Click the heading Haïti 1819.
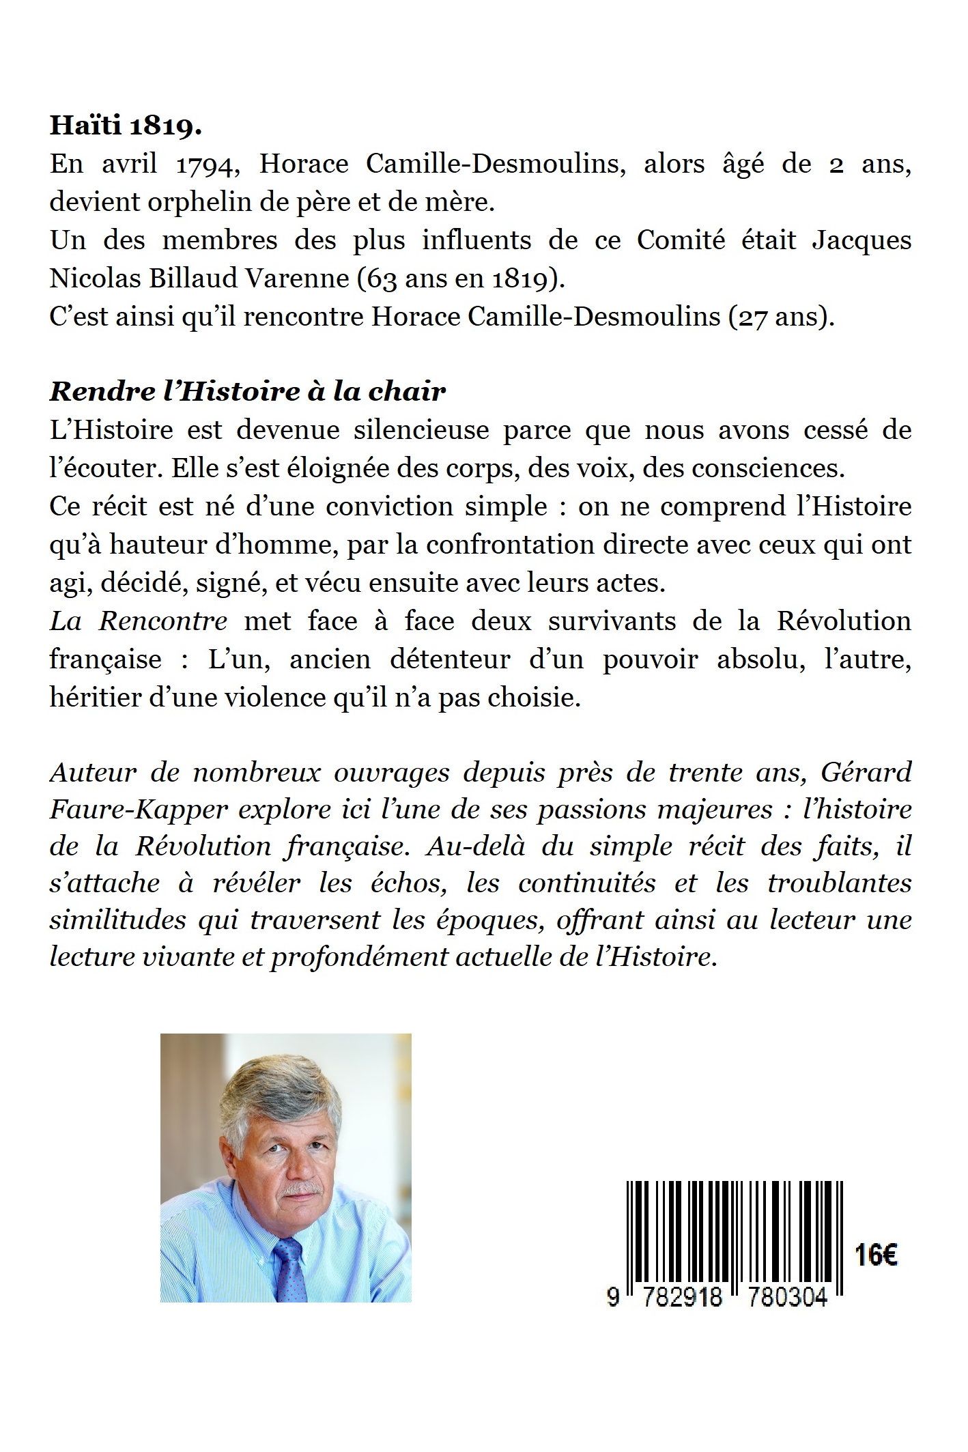click(126, 127)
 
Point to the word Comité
click(681, 241)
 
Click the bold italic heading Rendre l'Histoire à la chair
click(247, 392)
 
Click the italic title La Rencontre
click(139, 621)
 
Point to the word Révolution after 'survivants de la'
click(844, 621)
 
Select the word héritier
click(85, 698)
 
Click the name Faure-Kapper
click(139, 810)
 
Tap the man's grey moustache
click(301, 1191)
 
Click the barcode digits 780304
click(787, 1297)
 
